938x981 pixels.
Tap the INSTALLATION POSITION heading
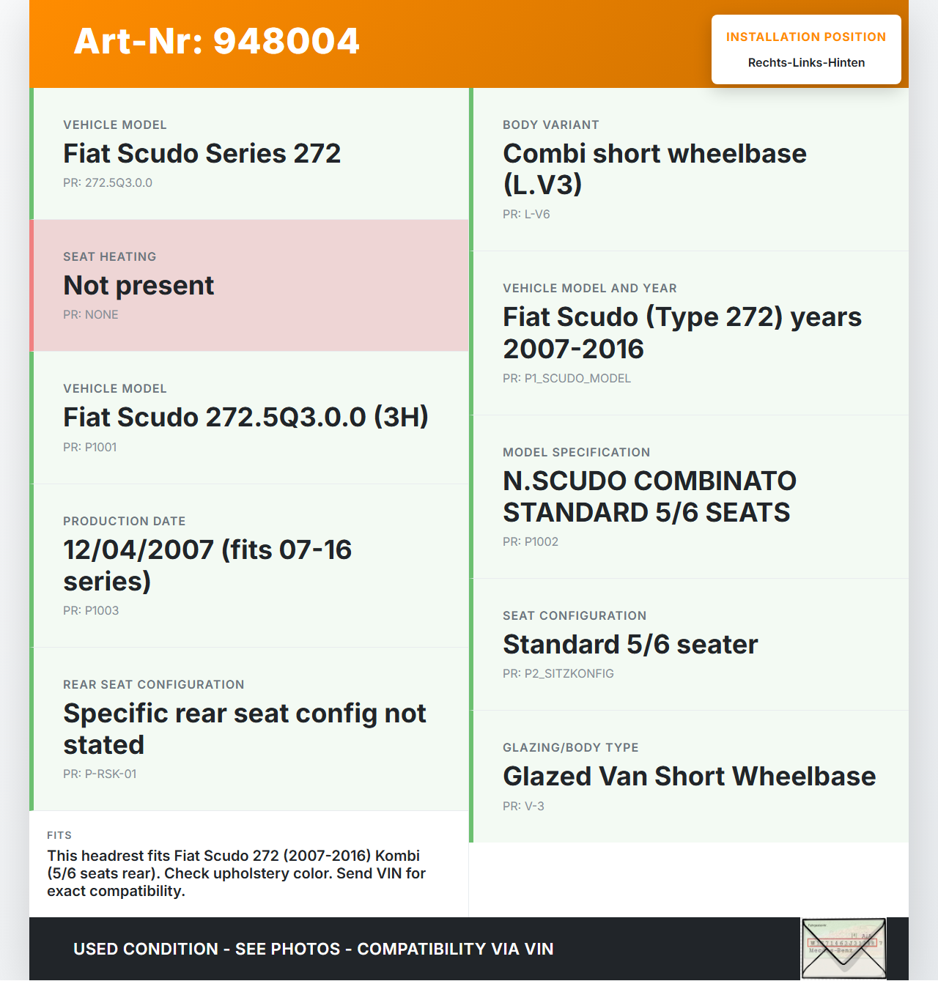pos(805,37)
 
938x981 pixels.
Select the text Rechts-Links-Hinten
pos(806,63)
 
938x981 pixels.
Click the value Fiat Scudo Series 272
pos(202,154)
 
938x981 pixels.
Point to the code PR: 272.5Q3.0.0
pos(108,183)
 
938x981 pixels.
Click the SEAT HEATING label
pos(110,256)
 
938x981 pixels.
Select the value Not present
pos(139,286)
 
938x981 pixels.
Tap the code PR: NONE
pos(91,315)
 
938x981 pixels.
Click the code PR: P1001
pos(90,448)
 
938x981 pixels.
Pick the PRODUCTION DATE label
pos(125,521)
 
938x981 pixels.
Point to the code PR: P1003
pos(91,611)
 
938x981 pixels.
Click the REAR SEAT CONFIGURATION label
pos(154,684)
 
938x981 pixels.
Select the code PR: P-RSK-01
pos(100,774)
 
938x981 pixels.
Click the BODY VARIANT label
pos(551,125)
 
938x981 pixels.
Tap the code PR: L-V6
pos(526,215)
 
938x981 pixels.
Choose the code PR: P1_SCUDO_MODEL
pos(566,379)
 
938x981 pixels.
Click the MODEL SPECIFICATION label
pos(577,452)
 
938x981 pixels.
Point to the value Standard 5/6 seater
pos(630,645)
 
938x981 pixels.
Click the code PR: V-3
pos(523,807)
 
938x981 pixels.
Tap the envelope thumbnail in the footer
pos(843,948)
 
